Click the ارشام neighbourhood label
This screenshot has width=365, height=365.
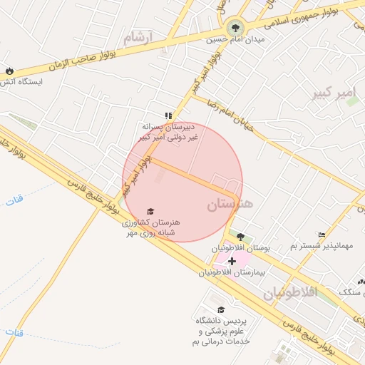138,38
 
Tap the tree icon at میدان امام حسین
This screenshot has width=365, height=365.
235,29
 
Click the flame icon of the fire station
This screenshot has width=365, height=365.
9,71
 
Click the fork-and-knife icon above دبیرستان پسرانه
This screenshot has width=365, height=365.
168,115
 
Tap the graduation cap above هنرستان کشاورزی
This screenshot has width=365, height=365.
150,211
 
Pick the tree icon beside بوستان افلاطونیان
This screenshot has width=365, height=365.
240,237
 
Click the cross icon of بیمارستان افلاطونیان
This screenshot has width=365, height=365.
231,262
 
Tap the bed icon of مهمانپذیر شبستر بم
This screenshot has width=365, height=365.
322,235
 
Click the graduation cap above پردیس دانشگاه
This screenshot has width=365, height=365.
221,309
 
